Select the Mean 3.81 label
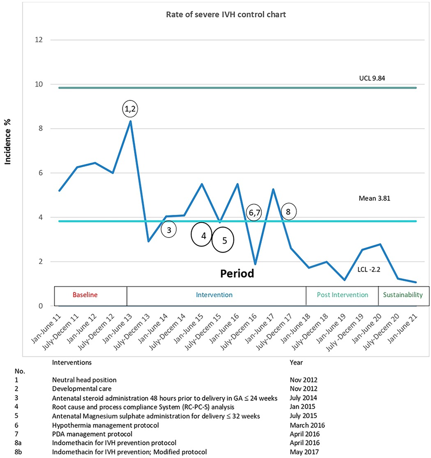point(374,198)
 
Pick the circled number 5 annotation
point(223,241)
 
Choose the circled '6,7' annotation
point(254,212)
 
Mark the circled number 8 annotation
point(288,212)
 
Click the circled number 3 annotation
point(168,230)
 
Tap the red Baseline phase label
point(85,295)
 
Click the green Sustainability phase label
point(403,295)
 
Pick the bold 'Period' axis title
point(237,273)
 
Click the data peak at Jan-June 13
point(131,121)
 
